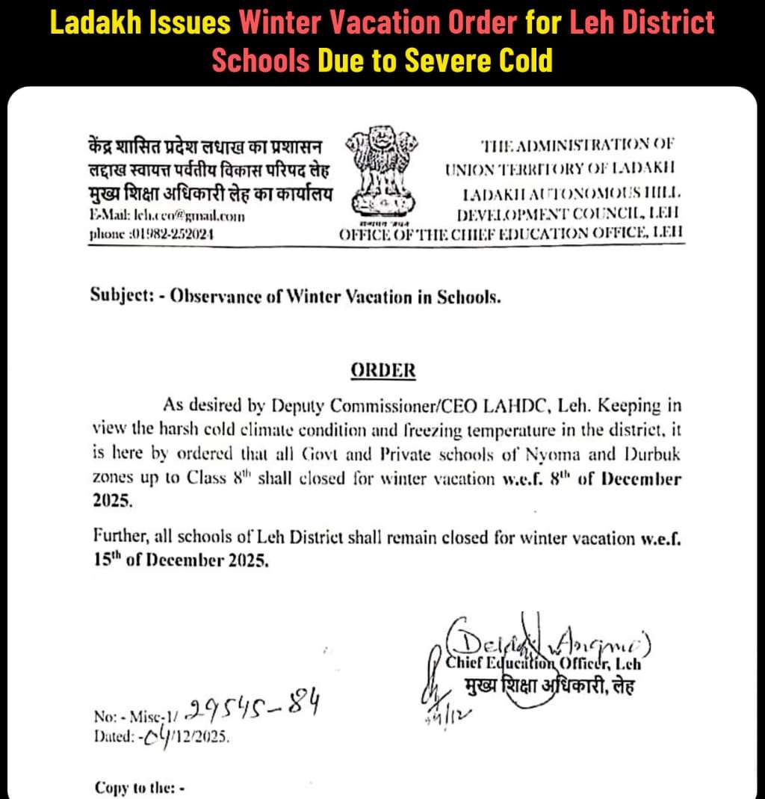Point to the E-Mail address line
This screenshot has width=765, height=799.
pyautogui.click(x=167, y=216)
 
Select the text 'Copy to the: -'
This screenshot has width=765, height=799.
pyautogui.click(x=140, y=787)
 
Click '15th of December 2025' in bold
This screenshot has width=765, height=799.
pyautogui.click(x=180, y=562)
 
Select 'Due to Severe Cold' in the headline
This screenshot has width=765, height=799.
pyautogui.click(x=435, y=60)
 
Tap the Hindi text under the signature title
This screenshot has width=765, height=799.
pyautogui.click(x=549, y=685)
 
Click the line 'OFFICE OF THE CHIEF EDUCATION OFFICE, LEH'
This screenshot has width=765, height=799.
pyautogui.click(x=511, y=233)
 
